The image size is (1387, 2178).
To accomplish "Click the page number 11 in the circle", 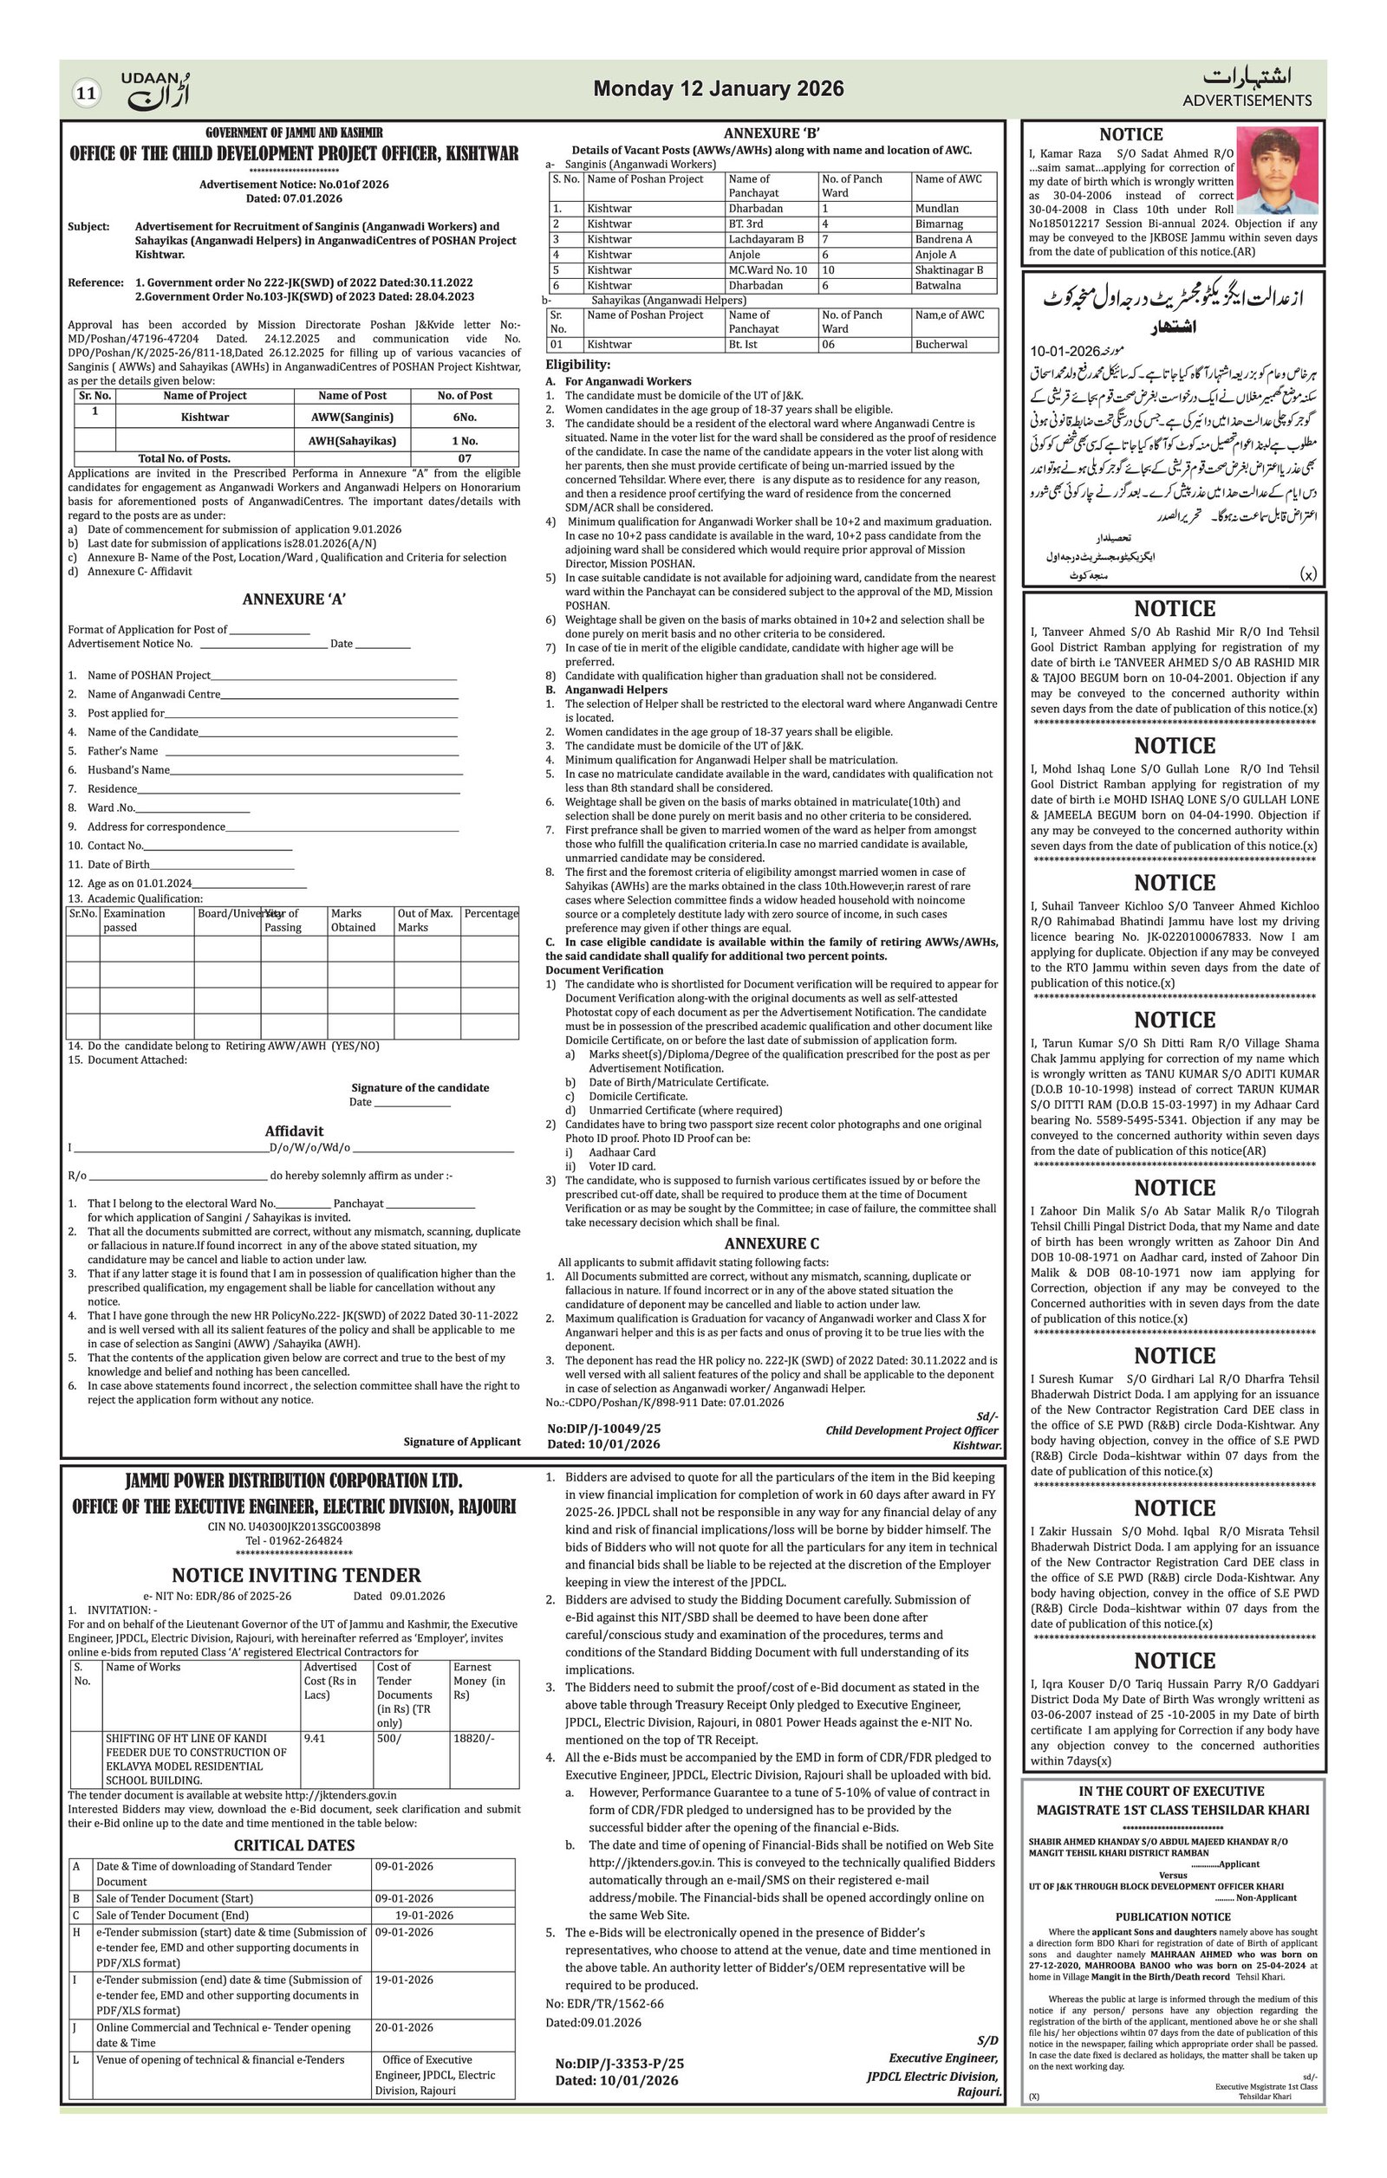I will coord(86,92).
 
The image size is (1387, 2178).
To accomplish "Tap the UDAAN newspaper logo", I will coord(156,90).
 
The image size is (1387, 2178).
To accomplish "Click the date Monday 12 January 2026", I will coord(718,88).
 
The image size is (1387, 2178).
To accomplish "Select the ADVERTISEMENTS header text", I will coord(1246,100).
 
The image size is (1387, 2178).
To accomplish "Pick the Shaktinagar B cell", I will coord(948,269).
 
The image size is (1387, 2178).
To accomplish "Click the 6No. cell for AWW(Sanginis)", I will coord(464,417).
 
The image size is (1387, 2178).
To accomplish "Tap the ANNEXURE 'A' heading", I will coord(293,599).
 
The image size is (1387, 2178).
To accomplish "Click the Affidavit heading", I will coord(293,1131).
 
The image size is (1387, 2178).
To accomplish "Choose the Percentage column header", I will coord(491,913).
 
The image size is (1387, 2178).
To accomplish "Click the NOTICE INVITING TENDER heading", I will coord(296,1575).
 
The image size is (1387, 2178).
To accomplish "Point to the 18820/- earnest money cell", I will coord(473,1738).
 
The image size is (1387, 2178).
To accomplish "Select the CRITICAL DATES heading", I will coord(294,1845).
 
